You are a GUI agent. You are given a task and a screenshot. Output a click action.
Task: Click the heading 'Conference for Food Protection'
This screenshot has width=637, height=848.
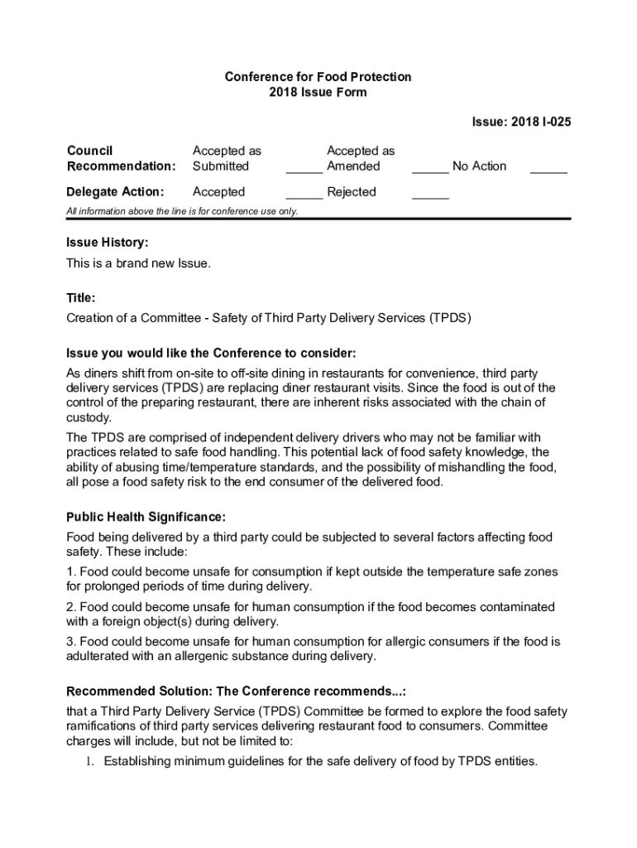click(318, 77)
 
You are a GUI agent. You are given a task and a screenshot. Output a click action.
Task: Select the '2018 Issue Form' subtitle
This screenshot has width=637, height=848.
click(318, 93)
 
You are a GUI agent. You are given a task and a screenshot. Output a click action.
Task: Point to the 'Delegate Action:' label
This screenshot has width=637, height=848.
click(114, 192)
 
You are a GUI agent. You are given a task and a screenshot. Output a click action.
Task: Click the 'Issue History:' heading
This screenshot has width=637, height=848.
click(108, 243)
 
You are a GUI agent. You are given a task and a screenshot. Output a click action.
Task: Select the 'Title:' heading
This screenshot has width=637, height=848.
click(81, 297)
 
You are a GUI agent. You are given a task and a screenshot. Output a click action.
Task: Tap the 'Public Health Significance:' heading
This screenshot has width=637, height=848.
click(146, 518)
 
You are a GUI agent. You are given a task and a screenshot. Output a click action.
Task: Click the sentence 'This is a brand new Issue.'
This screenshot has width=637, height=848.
click(139, 263)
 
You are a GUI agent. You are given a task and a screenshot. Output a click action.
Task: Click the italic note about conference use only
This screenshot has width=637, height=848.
click(182, 211)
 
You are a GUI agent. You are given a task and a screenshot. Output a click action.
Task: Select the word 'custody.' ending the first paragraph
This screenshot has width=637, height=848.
click(89, 417)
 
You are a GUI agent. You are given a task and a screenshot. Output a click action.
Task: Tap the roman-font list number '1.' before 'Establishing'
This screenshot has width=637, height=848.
click(92, 761)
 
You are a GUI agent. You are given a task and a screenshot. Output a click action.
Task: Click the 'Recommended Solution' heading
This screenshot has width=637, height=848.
click(236, 691)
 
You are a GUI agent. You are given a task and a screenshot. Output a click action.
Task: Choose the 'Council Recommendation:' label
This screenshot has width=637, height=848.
click(121, 158)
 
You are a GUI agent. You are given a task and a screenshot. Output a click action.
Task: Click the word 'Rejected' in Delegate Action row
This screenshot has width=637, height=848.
click(352, 192)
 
